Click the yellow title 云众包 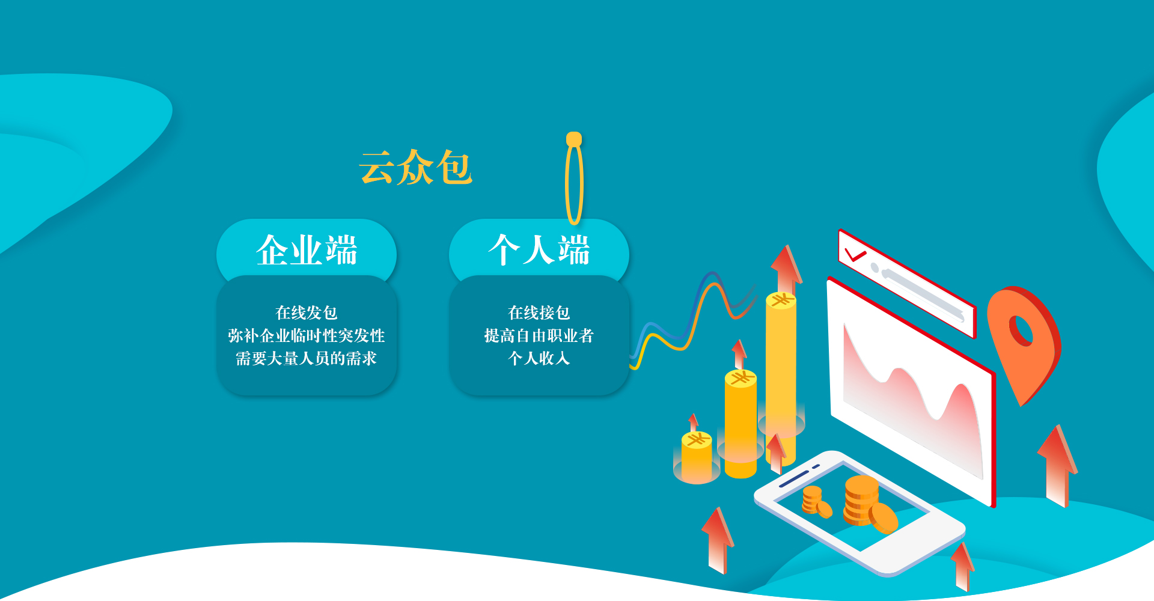416,167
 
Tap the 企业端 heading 307,250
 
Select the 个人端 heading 539,250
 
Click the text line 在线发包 307,313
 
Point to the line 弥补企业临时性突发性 307,335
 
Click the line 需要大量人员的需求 307,358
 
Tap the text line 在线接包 539,313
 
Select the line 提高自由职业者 539,335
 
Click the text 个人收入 539,358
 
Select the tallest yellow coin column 781,379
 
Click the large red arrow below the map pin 1058,466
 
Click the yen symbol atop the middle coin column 740,378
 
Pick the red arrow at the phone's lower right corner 963,566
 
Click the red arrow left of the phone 718,540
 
